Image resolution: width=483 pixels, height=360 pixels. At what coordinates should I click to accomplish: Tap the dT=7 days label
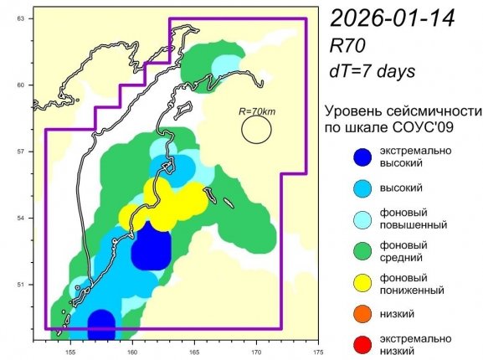click(373, 72)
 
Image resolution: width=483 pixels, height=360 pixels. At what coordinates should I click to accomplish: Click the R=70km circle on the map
click(257, 128)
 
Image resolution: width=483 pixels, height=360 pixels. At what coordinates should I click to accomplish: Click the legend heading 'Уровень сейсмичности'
click(403, 111)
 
